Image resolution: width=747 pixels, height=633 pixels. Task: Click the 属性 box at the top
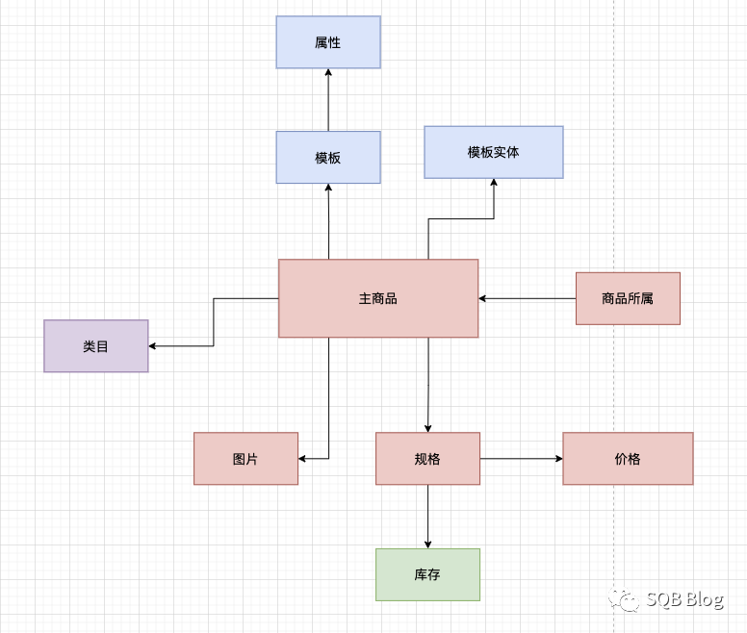pyautogui.click(x=328, y=42)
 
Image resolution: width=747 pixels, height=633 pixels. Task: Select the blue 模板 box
pyautogui.click(x=328, y=158)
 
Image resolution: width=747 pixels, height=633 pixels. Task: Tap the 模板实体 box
pyautogui.click(x=494, y=152)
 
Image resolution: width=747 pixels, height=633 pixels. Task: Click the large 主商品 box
pyautogui.click(x=378, y=298)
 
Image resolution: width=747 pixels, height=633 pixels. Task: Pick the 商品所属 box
pyautogui.click(x=628, y=298)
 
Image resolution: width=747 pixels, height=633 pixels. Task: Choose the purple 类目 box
pyautogui.click(x=96, y=346)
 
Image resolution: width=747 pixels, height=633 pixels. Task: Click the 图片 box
pyautogui.click(x=245, y=459)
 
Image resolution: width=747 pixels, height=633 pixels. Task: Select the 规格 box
pyautogui.click(x=427, y=459)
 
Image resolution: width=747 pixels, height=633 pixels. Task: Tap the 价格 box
pyautogui.click(x=628, y=459)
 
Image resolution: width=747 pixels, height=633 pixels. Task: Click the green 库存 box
pyautogui.click(x=427, y=574)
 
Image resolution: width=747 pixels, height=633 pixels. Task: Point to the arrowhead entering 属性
pyautogui.click(x=328, y=74)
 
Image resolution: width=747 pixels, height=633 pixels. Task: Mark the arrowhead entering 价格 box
pyautogui.click(x=557, y=459)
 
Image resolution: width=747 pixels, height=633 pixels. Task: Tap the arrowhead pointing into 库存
pyautogui.click(x=427, y=544)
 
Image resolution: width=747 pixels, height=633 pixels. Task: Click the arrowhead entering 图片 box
pyautogui.click(x=303, y=459)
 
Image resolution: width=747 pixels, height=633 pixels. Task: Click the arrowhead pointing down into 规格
pyautogui.click(x=427, y=427)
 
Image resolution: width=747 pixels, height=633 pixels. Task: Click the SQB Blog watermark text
pyautogui.click(x=684, y=600)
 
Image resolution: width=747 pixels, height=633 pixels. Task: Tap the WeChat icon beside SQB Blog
pyautogui.click(x=628, y=601)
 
